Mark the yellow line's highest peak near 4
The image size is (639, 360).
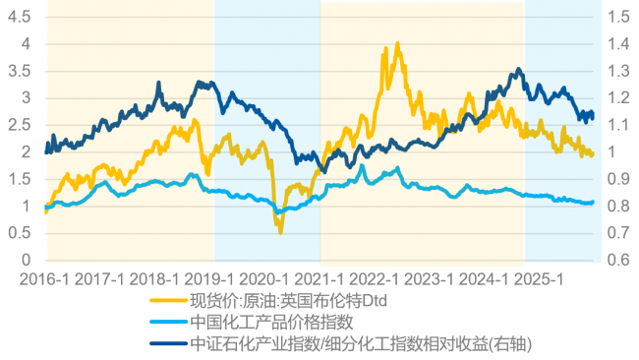coord(397,43)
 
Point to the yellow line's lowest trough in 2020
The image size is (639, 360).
coord(280,232)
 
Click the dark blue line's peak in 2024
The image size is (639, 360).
coord(518,70)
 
